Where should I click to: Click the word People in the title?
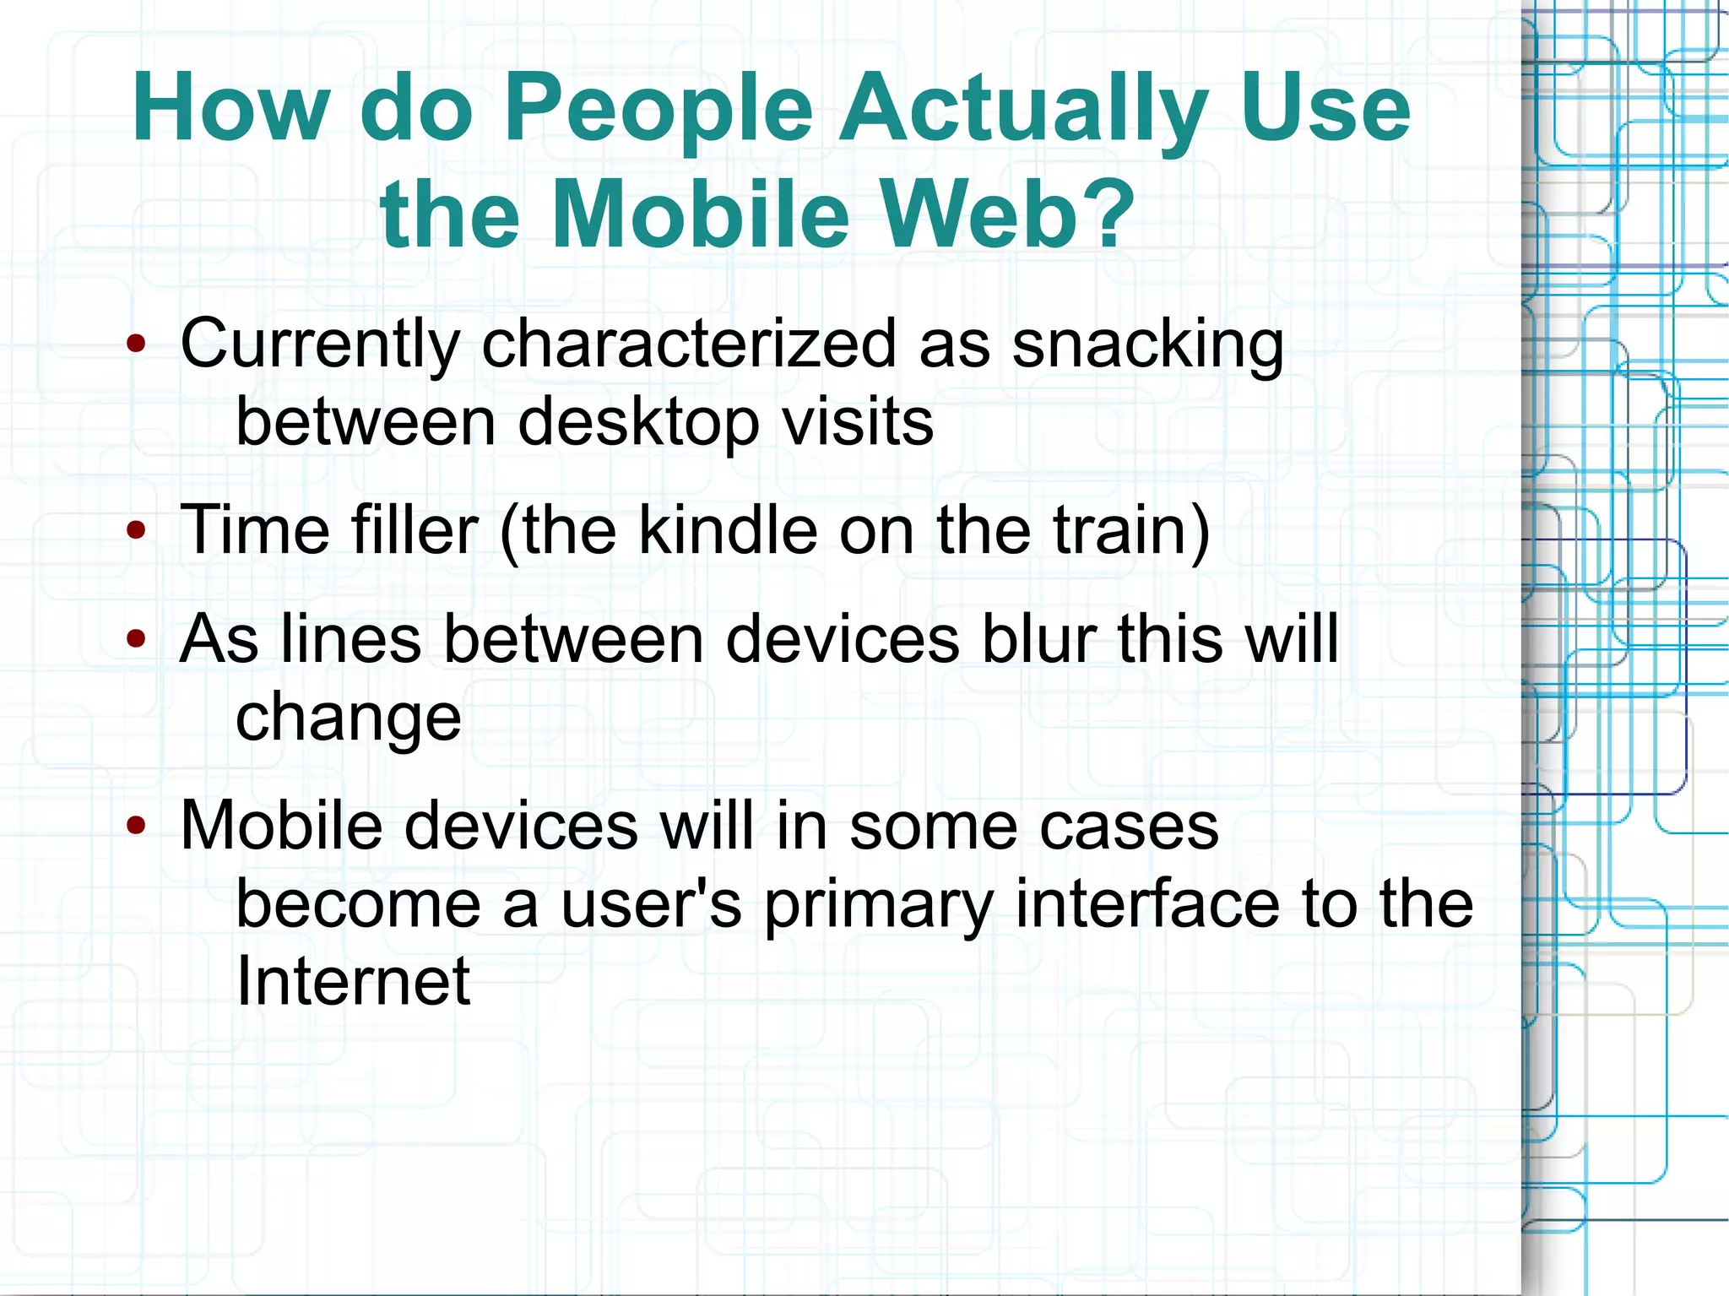coord(658,110)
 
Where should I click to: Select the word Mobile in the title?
coord(700,214)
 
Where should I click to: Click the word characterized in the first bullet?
coord(688,344)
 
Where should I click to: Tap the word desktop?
coord(638,423)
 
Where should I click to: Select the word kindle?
coord(727,531)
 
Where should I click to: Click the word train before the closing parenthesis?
coord(1119,531)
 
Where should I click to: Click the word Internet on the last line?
coord(353,982)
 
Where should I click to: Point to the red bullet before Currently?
coord(136,344)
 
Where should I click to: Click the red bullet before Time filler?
coord(136,531)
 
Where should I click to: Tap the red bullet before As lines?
coord(136,639)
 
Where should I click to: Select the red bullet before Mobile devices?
coord(136,826)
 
